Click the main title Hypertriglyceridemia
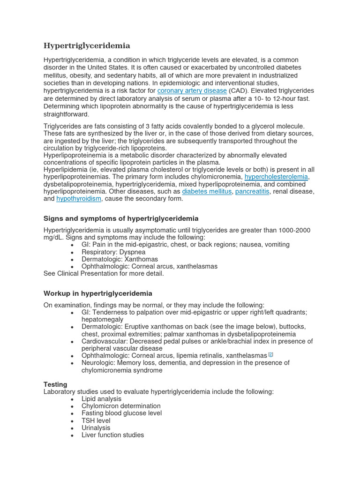coord(87,45)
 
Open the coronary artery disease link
coord(192,90)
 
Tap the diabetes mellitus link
coord(207,191)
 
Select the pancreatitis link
coord(252,191)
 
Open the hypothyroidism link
coord(79,199)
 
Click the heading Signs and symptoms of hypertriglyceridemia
coord(121,218)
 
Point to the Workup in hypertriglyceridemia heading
coord(97,293)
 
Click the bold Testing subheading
coord(55,384)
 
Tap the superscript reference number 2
coord(270,354)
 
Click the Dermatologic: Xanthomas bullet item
coord(120,259)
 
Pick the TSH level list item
coord(96,420)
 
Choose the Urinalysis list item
coord(96,428)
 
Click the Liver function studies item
coord(112,435)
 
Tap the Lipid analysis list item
coord(101,399)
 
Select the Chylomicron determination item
coord(121,406)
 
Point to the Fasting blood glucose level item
coord(121,413)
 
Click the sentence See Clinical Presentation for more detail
coord(104,274)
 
